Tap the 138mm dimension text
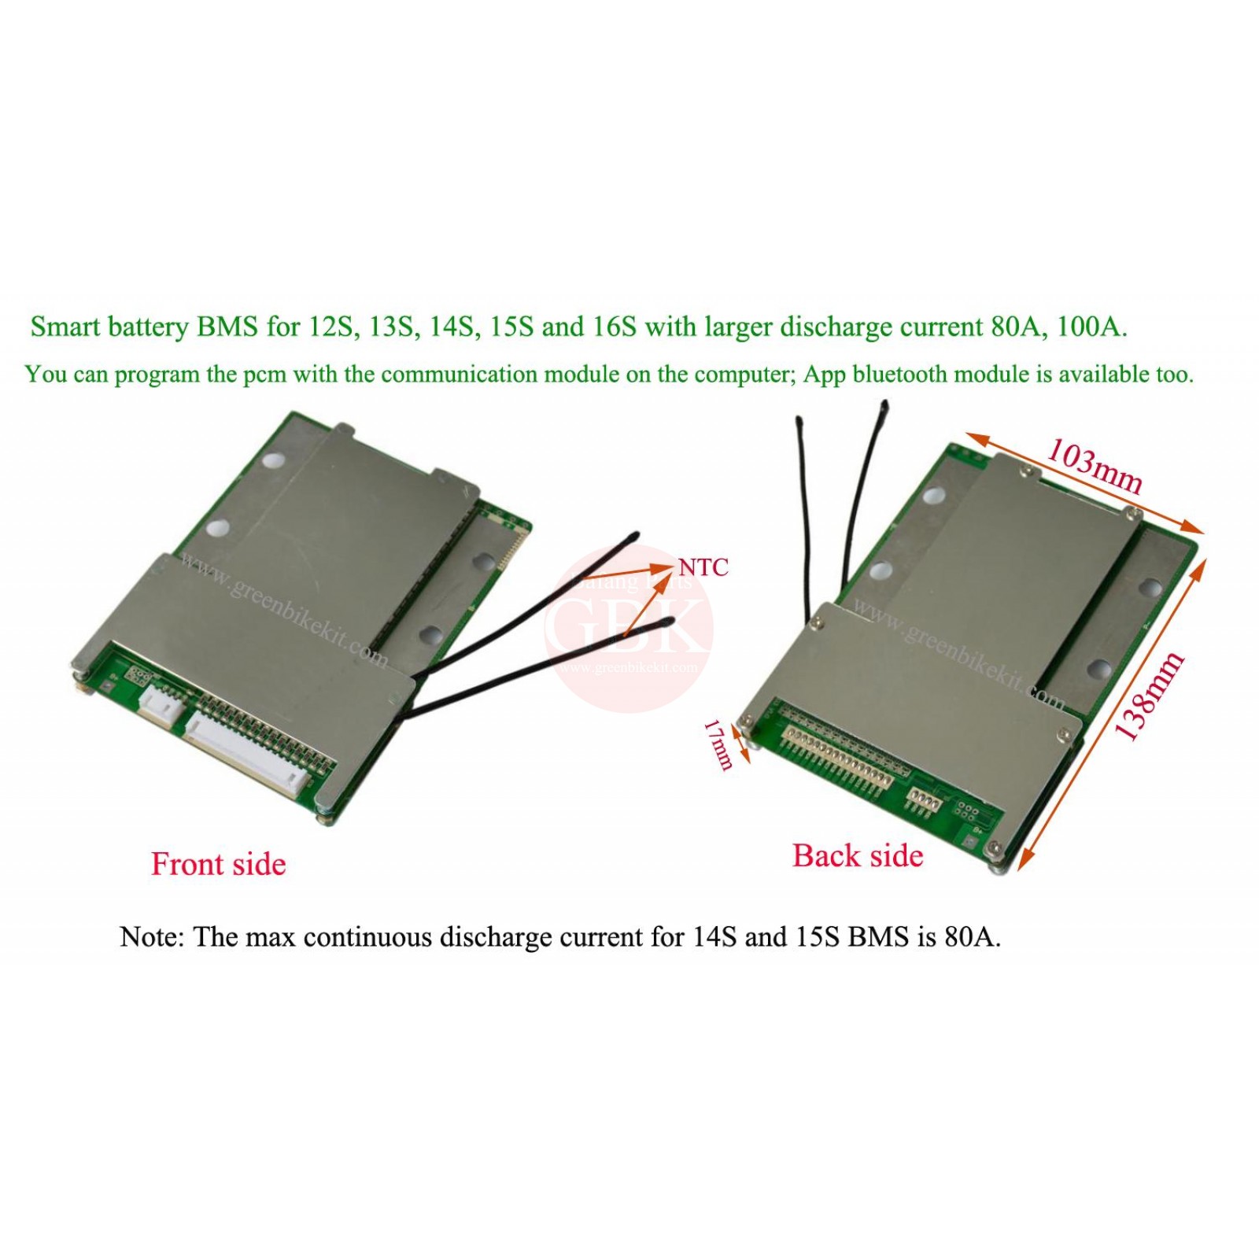(1149, 696)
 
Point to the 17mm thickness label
(718, 744)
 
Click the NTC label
(703, 567)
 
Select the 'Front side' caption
(218, 864)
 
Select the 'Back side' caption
(857, 855)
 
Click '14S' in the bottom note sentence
(714, 937)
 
